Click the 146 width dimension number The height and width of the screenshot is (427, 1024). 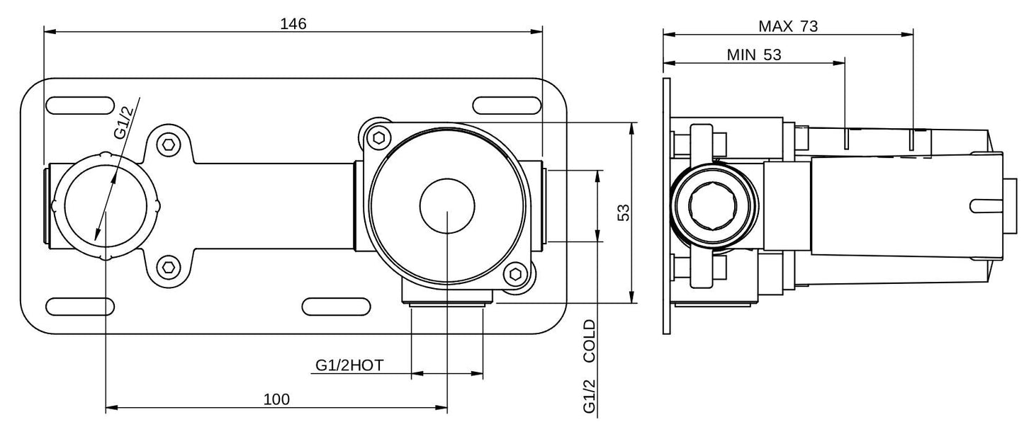[x=293, y=23]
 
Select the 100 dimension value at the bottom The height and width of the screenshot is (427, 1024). [x=276, y=399]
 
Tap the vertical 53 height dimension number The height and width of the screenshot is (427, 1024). [x=624, y=212]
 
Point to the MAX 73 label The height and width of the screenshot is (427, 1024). [x=788, y=27]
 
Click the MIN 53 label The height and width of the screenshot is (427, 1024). [x=754, y=55]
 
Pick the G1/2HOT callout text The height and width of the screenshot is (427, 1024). [x=349, y=365]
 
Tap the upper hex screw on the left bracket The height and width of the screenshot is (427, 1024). [x=168, y=144]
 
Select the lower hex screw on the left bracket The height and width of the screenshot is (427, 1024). [x=168, y=267]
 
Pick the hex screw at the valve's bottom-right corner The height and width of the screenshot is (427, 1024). [x=517, y=275]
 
